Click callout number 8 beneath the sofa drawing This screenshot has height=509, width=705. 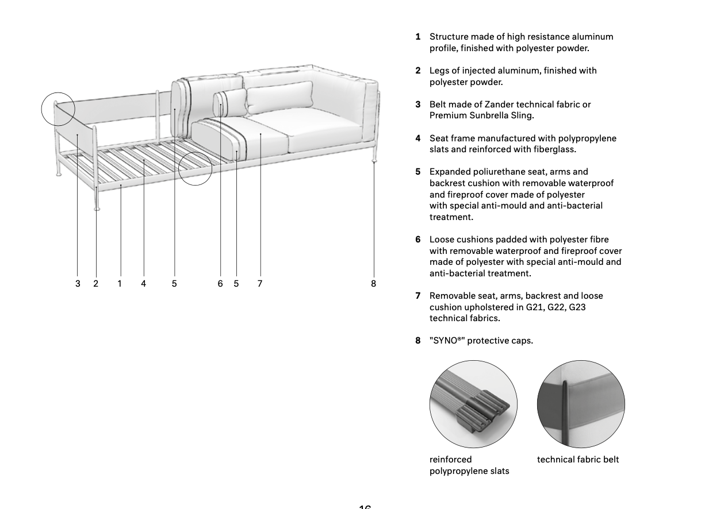[373, 283]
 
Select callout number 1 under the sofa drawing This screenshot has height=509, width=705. [120, 283]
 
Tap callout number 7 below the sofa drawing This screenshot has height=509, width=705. [260, 283]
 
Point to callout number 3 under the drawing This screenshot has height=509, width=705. [78, 283]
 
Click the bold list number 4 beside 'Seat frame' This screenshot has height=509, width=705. [418, 138]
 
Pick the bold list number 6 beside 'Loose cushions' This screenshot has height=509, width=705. [418, 240]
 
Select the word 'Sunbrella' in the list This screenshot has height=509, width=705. [488, 115]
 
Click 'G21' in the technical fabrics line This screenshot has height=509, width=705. [535, 307]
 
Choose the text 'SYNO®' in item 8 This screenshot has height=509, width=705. [447, 341]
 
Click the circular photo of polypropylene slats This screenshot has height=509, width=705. [473, 404]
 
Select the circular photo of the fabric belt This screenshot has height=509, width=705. [581, 404]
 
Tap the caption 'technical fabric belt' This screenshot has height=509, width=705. [578, 460]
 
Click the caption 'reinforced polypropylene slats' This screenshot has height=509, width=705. [469, 465]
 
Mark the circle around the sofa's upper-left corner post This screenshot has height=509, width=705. [58, 109]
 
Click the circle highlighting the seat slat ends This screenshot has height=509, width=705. [196, 168]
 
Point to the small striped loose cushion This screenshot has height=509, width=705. [229, 103]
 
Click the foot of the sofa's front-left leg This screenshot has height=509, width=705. [97, 209]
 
